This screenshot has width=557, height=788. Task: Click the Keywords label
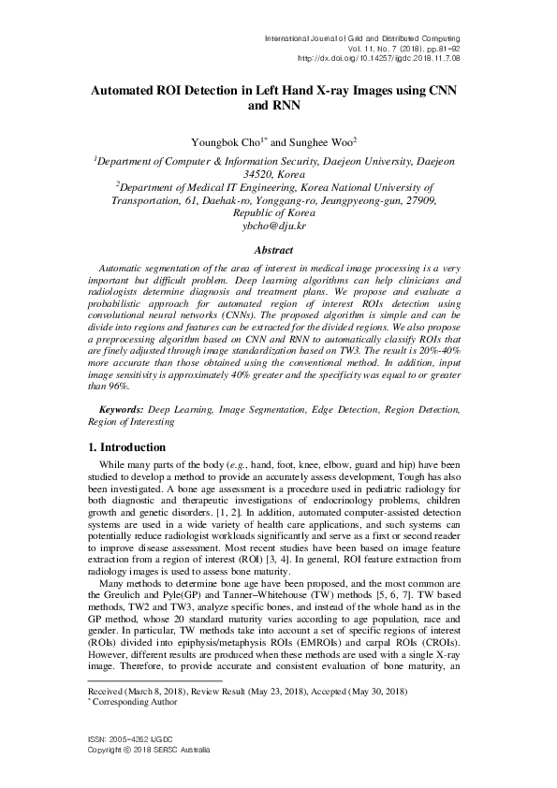point(123,410)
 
